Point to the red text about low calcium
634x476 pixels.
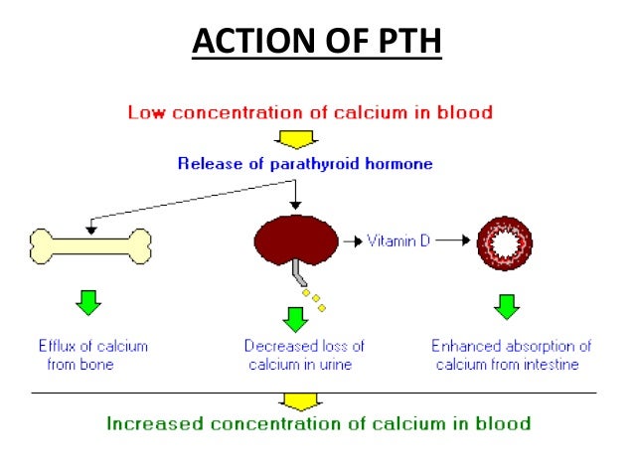(309, 111)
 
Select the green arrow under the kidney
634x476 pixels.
(295, 319)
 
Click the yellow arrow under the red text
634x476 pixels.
(295, 137)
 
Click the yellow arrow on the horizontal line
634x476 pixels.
(295, 400)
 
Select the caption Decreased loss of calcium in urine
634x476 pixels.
(304, 355)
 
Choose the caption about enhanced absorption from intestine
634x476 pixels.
(511, 355)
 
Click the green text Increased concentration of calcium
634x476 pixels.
(318, 423)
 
